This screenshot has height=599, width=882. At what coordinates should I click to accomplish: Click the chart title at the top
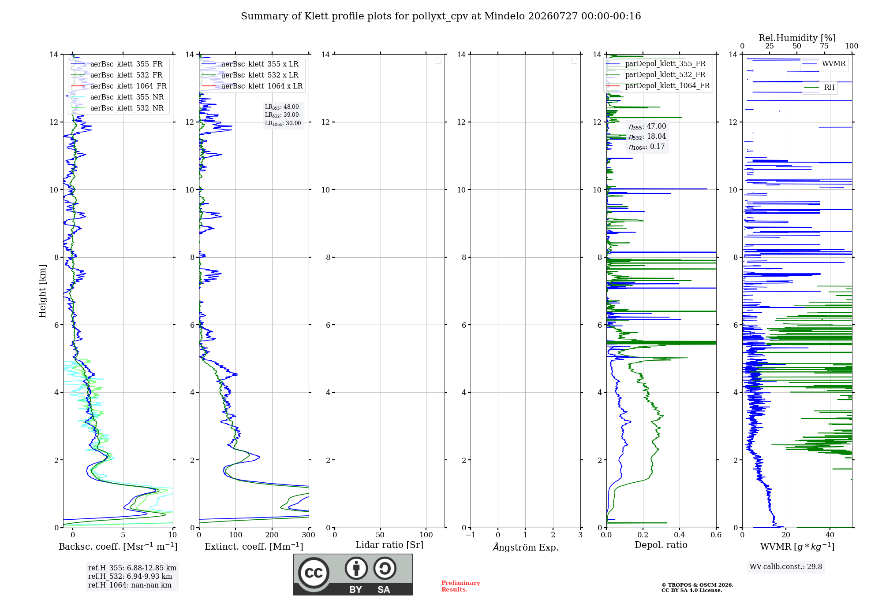(441, 16)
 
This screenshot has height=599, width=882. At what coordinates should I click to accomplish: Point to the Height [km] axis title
(42, 291)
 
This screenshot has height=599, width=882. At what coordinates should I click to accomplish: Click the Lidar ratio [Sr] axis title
(389, 545)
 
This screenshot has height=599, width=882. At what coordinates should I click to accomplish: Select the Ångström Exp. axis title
(526, 547)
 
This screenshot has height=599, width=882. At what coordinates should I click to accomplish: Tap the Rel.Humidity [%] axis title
(797, 38)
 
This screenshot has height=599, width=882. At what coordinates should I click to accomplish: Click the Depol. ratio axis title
(661, 545)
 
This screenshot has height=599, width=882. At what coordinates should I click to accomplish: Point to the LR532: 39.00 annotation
(282, 115)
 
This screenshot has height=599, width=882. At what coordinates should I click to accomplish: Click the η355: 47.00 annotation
(647, 126)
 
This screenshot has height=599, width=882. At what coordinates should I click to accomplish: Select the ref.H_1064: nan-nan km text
(130, 585)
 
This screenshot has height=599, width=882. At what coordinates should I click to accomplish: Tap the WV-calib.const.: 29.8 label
(786, 567)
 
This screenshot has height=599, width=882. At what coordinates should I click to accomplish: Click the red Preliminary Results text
(461, 586)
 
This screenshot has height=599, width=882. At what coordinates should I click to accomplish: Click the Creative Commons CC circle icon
(314, 573)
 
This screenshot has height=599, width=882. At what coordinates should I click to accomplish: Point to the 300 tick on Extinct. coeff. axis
(309, 535)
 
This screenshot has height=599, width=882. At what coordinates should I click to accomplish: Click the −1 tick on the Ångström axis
(471, 535)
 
